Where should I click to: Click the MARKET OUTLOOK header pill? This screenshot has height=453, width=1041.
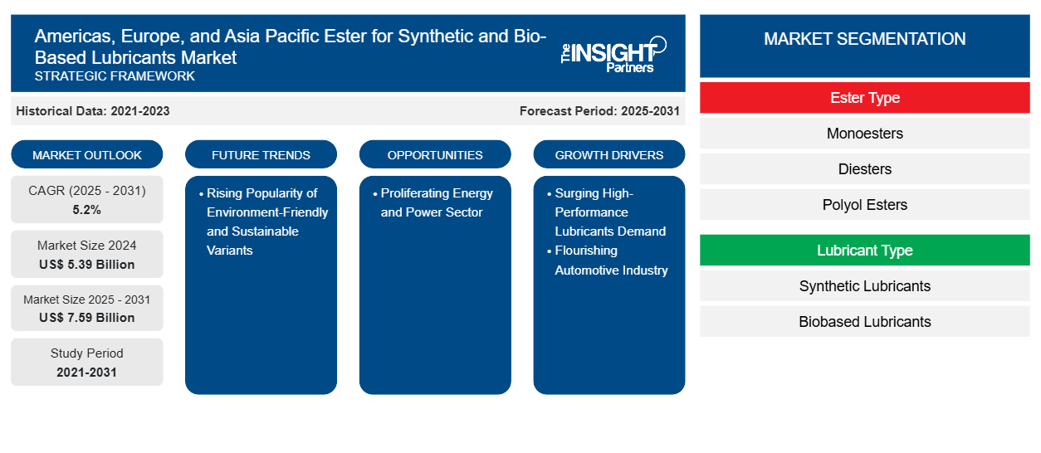[87, 155]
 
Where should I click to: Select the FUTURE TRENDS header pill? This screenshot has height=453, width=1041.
[261, 155]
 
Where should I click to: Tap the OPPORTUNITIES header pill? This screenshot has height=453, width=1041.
[435, 155]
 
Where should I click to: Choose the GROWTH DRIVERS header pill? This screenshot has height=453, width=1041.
[608, 155]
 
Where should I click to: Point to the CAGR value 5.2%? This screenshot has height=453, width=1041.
[87, 210]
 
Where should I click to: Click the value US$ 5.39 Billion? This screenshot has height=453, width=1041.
[87, 265]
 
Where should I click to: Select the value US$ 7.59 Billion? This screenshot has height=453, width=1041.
[87, 318]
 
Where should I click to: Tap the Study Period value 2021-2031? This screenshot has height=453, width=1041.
[87, 373]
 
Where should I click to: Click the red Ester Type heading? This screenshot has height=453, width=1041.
[864, 98]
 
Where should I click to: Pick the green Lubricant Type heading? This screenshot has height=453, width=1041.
[864, 251]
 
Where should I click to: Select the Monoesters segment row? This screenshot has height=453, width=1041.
[864, 134]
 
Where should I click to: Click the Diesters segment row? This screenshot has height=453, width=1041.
[864, 169]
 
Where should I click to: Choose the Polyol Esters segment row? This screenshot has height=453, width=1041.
[864, 205]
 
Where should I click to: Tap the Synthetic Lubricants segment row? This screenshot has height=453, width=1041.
[864, 286]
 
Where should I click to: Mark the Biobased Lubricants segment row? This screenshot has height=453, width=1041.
[864, 322]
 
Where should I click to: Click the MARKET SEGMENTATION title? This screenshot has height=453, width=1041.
[864, 39]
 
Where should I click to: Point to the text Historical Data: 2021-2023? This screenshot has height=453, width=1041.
[93, 111]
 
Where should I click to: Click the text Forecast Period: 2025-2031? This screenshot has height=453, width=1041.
[599, 111]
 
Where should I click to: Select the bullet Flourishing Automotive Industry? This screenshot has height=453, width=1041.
[611, 261]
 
